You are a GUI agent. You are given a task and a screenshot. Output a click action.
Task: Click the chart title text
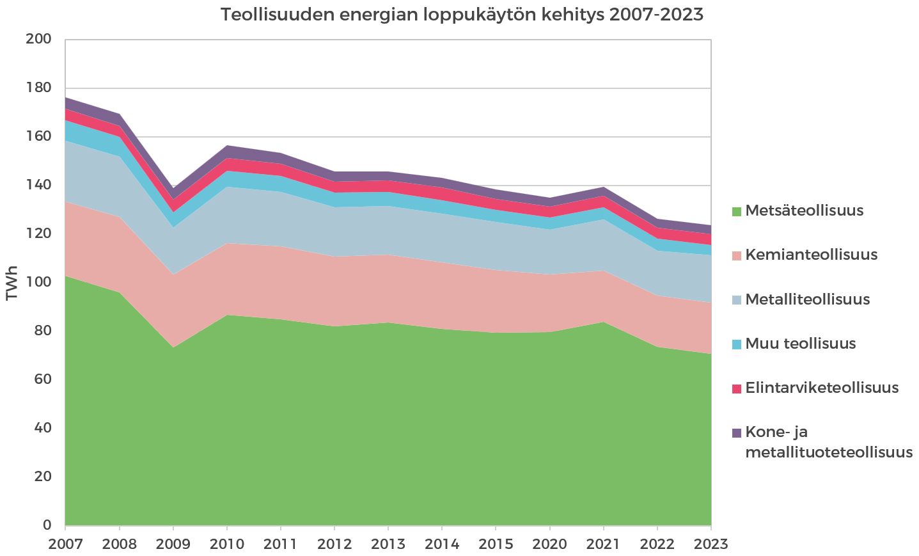pyautogui.click(x=462, y=15)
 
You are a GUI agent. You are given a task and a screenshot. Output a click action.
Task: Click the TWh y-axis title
pyautogui.click(x=12, y=283)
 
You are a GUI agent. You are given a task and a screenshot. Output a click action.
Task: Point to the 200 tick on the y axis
pyautogui.click(x=38, y=39)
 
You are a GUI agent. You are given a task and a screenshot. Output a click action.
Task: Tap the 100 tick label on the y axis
pyautogui.click(x=38, y=282)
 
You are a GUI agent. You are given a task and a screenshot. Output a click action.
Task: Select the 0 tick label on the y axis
pyautogui.click(x=47, y=525)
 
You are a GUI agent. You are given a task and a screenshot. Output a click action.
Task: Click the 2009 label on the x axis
pyautogui.click(x=173, y=544)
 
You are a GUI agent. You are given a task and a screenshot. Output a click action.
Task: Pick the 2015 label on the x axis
pyautogui.click(x=496, y=544)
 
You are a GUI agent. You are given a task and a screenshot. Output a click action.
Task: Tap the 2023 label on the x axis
pyautogui.click(x=711, y=544)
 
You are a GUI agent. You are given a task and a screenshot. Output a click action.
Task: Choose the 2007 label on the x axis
pyautogui.click(x=66, y=544)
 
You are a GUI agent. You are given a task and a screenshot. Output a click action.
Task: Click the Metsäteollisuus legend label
pyautogui.click(x=804, y=210)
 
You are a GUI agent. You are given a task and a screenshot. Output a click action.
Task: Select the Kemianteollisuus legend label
pyautogui.click(x=811, y=255)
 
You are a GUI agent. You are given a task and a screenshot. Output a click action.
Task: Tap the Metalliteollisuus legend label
pyautogui.click(x=807, y=299)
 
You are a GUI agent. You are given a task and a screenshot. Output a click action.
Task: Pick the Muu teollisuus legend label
pyautogui.click(x=800, y=344)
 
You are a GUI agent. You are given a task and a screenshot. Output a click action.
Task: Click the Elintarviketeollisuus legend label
pyautogui.click(x=822, y=388)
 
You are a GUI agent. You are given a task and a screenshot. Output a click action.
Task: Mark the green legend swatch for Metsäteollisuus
pyautogui.click(x=736, y=211)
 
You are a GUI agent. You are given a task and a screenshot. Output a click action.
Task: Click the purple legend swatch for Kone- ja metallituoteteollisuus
pyautogui.click(x=736, y=433)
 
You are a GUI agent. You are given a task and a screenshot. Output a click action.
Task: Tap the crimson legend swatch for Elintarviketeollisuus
pyautogui.click(x=736, y=388)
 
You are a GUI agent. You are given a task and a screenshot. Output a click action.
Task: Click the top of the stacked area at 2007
pyautogui.click(x=66, y=98)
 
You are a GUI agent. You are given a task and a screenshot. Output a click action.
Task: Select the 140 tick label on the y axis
pyautogui.click(x=38, y=185)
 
